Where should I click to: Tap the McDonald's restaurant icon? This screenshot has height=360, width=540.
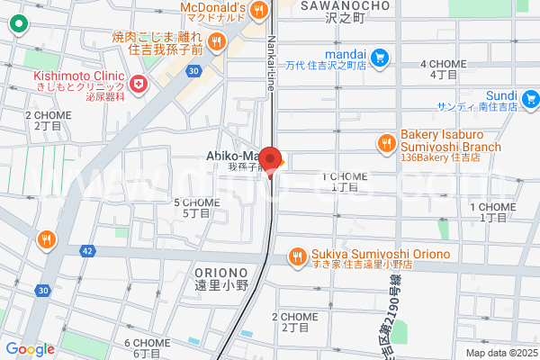[x=259, y=10]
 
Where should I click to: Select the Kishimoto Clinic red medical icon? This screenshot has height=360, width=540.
[x=139, y=85]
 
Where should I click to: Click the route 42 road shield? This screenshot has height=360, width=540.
[x=87, y=251]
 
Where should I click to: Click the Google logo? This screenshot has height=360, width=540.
[x=30, y=349]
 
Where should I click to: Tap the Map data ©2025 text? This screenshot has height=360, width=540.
[x=499, y=353]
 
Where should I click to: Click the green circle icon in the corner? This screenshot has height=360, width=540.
[x=16, y=26]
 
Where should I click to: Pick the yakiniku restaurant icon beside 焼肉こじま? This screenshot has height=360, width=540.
[x=216, y=41]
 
